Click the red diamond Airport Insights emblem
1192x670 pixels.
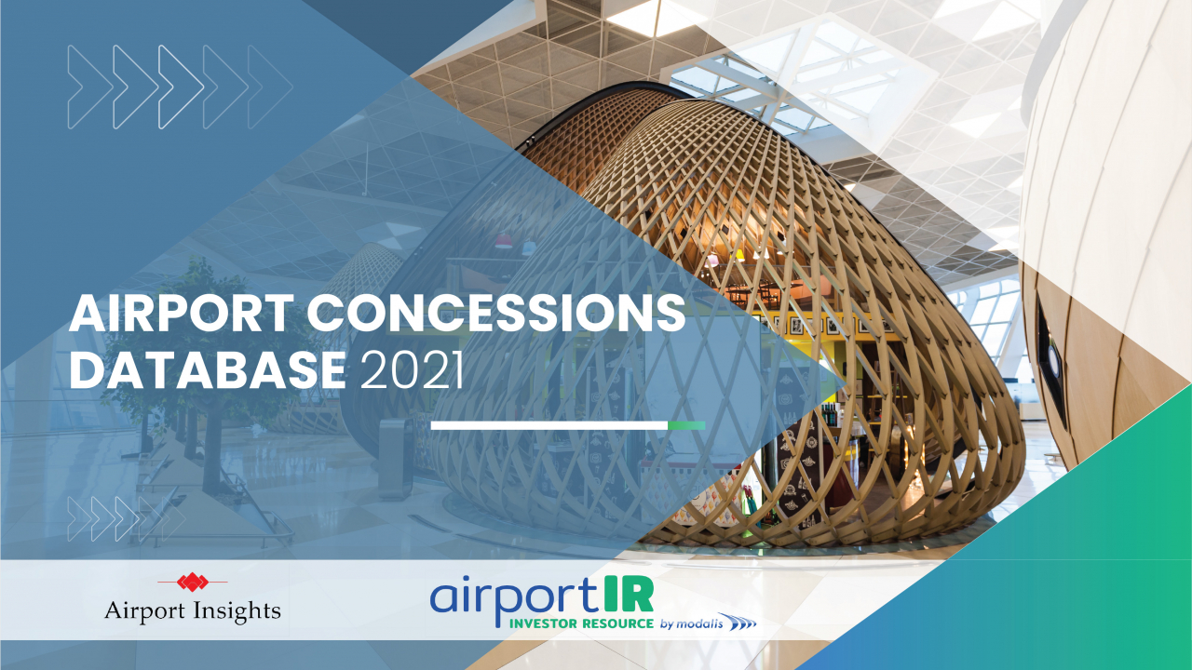pyautogui.click(x=193, y=583)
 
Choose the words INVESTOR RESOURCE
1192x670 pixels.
pyautogui.click(x=581, y=623)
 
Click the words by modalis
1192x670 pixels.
pyautogui.click(x=691, y=623)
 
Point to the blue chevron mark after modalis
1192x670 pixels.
pyautogui.click(x=740, y=623)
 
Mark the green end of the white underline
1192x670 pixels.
pyautogui.click(x=686, y=425)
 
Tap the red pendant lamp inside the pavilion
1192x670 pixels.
pyautogui.click(x=504, y=241)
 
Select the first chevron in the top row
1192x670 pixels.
pyautogui.click(x=90, y=87)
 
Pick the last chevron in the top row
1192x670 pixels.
pyautogui.click(x=270, y=87)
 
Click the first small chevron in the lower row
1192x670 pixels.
pyautogui.click(x=79, y=519)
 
